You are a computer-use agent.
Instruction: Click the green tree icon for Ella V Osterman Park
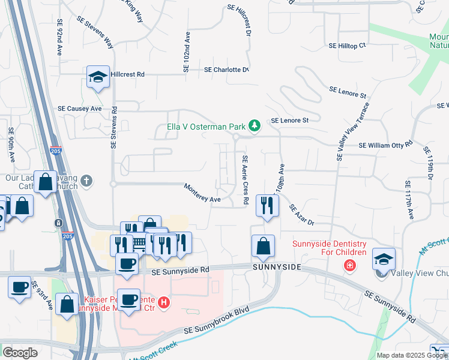[x=255, y=125]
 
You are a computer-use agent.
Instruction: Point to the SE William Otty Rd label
[x=385, y=145]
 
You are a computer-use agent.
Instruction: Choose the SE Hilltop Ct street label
[x=347, y=46]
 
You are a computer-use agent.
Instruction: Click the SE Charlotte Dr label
[x=226, y=70]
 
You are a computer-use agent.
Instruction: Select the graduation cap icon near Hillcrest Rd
[x=98, y=77]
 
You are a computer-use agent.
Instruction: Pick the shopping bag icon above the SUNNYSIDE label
[x=263, y=245]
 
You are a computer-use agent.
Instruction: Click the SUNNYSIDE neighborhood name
[x=276, y=266]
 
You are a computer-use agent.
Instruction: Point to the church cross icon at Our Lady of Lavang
[x=87, y=180]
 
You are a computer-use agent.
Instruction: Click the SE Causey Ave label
[x=80, y=109]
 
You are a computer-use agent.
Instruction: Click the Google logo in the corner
[x=20, y=353]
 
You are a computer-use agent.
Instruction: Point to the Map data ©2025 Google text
[x=411, y=355]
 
